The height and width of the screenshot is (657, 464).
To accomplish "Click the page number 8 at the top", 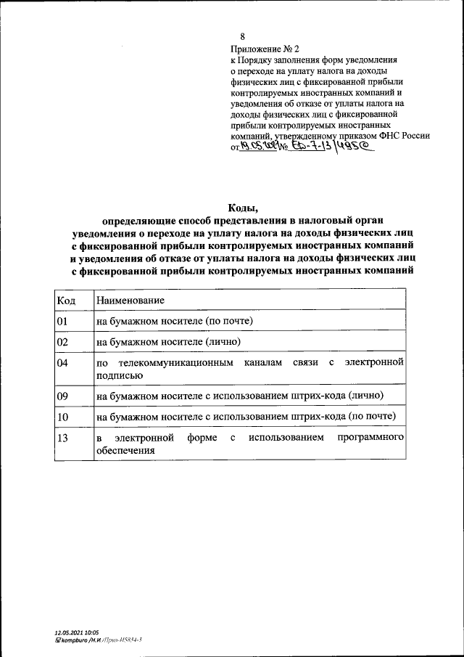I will point(243,36).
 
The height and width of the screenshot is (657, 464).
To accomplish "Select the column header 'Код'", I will point(65,300).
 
